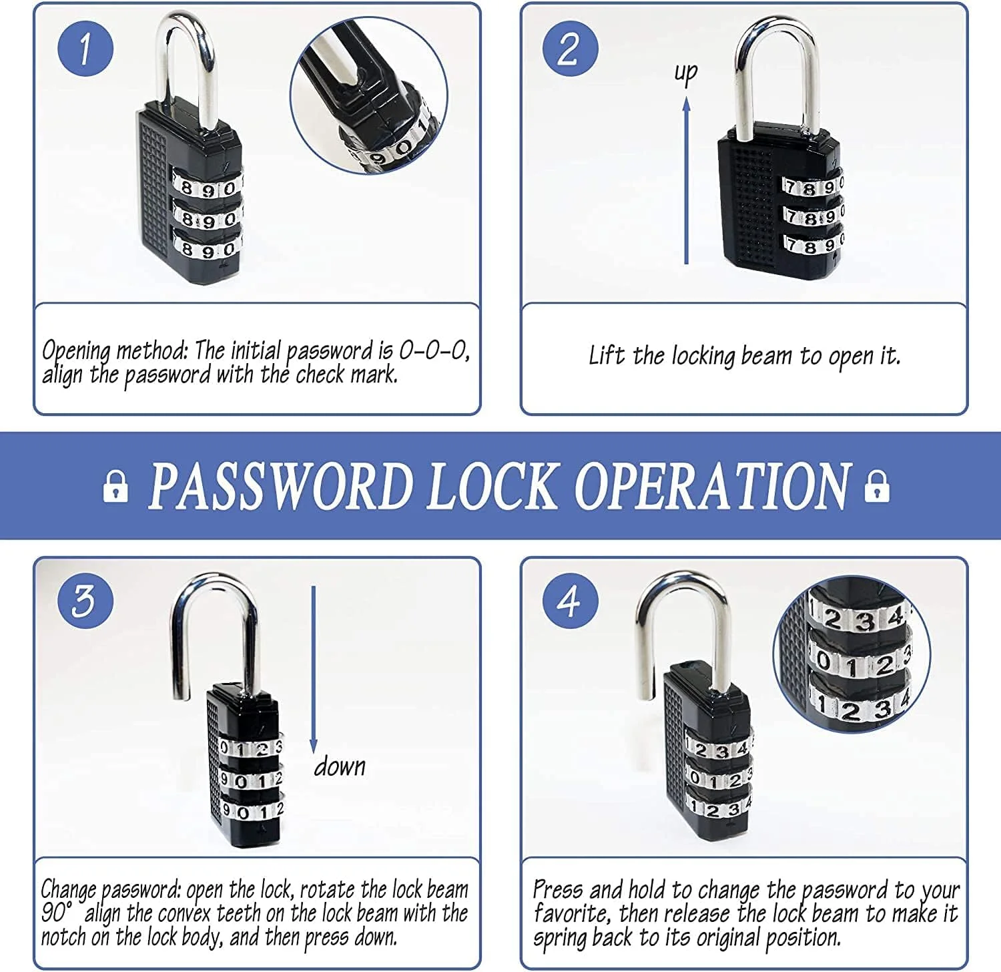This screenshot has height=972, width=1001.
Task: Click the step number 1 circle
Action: [85, 48]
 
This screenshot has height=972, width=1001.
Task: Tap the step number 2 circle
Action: [570, 48]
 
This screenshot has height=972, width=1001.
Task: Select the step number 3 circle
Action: [85, 601]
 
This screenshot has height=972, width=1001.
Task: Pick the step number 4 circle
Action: [570, 601]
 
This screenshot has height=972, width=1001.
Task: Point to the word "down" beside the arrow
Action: [340, 766]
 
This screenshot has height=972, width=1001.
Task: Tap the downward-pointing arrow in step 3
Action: [313, 670]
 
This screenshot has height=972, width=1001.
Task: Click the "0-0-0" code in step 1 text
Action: [434, 350]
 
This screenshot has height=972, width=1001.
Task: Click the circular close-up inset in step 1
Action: [369, 95]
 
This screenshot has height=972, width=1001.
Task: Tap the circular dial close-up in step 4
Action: [852, 655]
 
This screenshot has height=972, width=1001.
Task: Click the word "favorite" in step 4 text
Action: [572, 913]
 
